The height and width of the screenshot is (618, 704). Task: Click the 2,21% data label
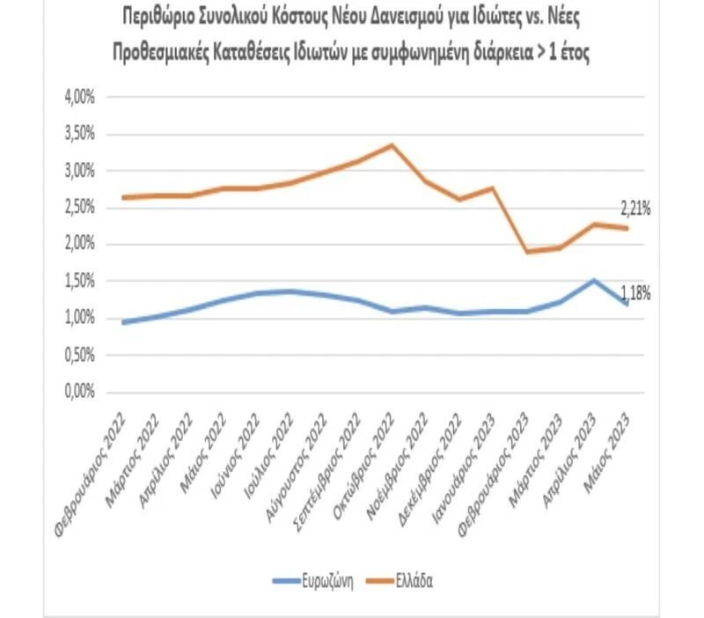click(634, 210)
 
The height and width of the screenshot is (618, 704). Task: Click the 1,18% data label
click(634, 294)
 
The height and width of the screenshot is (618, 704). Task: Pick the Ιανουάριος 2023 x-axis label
click(465, 456)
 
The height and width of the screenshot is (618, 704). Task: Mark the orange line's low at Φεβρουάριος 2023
click(526, 252)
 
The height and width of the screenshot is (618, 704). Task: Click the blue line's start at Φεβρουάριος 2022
click(123, 322)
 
